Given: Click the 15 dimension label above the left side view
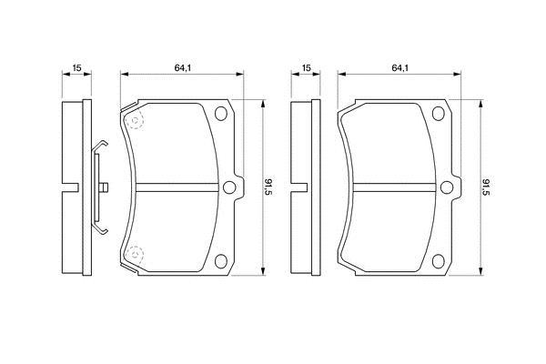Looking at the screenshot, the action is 76,67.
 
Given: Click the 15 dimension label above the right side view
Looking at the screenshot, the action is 306,67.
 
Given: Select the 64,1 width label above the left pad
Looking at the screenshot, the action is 183,68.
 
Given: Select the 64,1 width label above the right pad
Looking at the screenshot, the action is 400,68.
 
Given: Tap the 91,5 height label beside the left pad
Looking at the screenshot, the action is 268,187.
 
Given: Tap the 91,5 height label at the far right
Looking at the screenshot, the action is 486,187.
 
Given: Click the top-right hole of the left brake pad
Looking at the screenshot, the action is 221,114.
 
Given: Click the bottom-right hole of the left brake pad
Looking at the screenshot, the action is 221,261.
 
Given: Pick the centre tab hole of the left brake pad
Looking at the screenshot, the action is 229,187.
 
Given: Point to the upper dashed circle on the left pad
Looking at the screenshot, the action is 134,121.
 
